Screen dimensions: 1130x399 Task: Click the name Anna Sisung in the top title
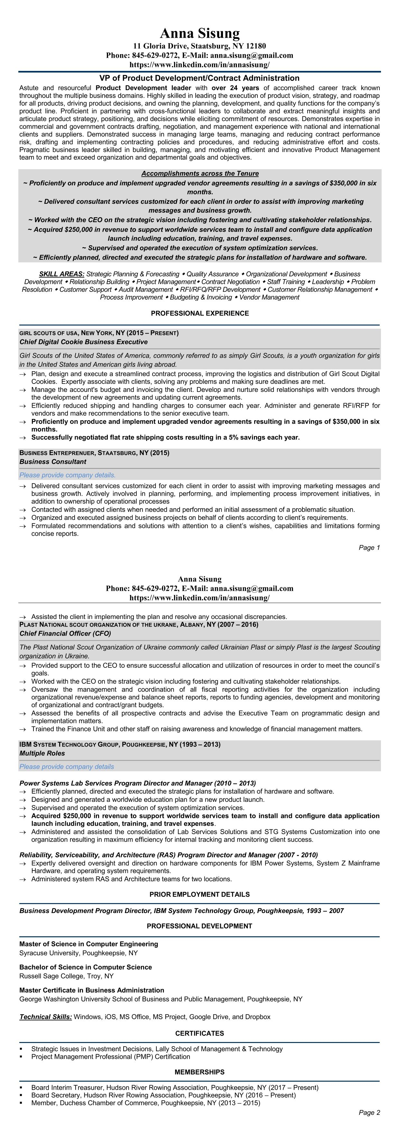tap(200, 33)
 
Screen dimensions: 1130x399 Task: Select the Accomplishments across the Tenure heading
tap(200, 174)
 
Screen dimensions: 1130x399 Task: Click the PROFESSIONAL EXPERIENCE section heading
tap(200, 313)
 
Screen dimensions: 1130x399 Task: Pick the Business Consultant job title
tap(53, 462)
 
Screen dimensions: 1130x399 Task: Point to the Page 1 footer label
tap(369, 548)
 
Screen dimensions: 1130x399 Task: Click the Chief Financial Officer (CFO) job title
tap(65, 633)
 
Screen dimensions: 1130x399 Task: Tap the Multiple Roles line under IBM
tap(42, 753)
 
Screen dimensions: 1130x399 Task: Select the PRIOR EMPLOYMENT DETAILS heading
tap(200, 894)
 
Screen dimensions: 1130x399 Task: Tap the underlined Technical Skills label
tap(46, 1017)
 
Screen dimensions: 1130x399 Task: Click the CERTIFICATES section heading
tap(200, 1034)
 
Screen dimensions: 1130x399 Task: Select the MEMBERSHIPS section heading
tap(200, 1072)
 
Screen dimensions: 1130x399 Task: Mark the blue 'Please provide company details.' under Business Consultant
tap(68, 475)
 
